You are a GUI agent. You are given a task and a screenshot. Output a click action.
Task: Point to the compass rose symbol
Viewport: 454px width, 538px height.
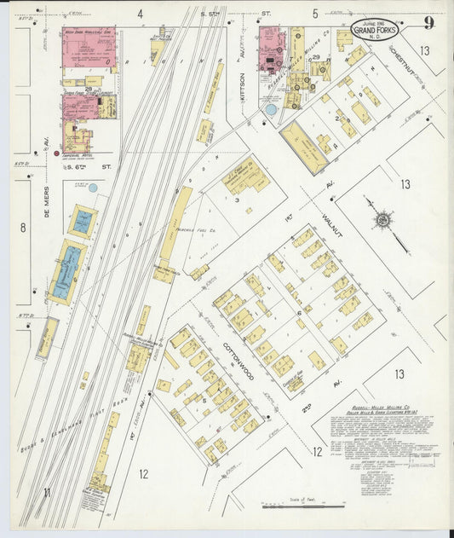click(384, 221)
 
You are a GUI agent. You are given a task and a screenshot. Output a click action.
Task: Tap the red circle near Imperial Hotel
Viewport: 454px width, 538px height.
click(56, 154)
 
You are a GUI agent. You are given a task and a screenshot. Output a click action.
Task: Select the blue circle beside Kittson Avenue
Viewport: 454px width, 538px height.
click(271, 110)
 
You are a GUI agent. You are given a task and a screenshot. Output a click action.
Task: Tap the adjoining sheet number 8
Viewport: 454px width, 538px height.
click(23, 228)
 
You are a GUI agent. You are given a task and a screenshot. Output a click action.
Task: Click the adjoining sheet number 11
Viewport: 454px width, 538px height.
click(47, 492)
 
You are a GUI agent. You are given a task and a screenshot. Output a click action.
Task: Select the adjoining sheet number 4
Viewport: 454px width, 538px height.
click(140, 14)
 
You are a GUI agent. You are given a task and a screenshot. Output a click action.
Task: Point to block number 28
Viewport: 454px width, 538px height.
click(88, 88)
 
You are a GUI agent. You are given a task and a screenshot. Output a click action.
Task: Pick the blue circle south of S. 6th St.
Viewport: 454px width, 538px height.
click(93, 188)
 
